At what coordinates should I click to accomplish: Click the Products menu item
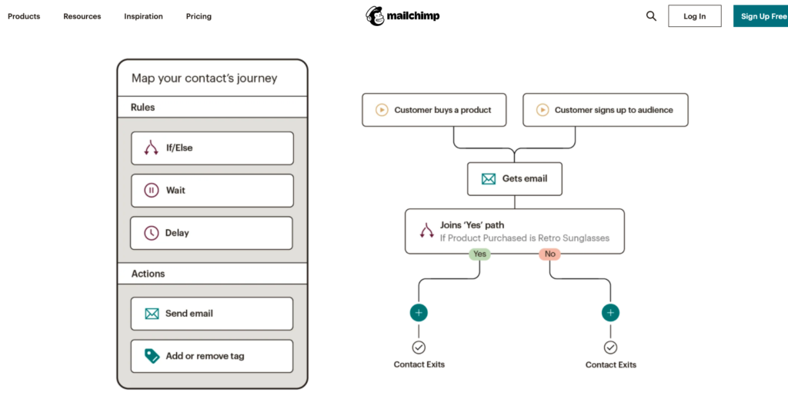pos(24,16)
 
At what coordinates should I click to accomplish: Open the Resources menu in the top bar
pos(82,16)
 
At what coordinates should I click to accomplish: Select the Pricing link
pos(199,16)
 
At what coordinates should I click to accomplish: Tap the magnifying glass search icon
pos(651,16)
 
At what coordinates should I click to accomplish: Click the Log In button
pos(694,16)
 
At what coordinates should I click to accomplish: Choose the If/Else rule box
pos(212,148)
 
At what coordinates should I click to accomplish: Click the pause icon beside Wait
pos(152,190)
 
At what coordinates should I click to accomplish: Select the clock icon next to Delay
pos(152,233)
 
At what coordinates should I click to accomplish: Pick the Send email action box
pos(212,314)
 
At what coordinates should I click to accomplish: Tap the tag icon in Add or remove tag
pos(152,356)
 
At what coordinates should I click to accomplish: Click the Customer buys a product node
pos(436,110)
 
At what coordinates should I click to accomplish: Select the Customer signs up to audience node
pos(606,110)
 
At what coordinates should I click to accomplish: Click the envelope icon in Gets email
pos(489,178)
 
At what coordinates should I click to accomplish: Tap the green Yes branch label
pos(479,254)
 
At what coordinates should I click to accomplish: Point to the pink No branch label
pos(549,254)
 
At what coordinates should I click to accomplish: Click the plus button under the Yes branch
pos(419,313)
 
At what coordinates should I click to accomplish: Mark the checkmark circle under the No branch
pos(610,347)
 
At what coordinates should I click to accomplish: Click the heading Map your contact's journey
pos(204,78)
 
